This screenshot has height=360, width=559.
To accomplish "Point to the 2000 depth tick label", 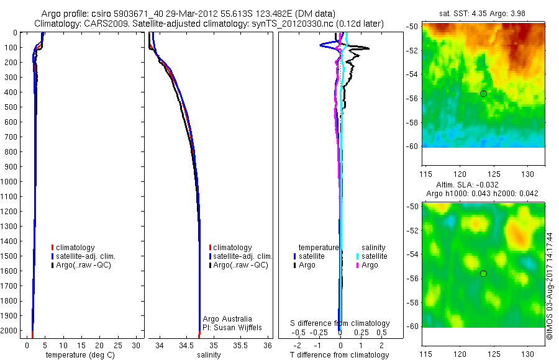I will pyautogui.click(x=10, y=331).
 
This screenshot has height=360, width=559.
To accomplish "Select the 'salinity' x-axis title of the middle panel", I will pyautogui.click(x=209, y=356).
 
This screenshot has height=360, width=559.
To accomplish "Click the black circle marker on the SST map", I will pyautogui.click(x=483, y=94).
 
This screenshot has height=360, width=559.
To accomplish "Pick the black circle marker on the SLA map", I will pyautogui.click(x=483, y=274).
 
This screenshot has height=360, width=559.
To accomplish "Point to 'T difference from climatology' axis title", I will pyautogui.click(x=340, y=356).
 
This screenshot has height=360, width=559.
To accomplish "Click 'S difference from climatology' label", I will pyautogui.click(x=340, y=323).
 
